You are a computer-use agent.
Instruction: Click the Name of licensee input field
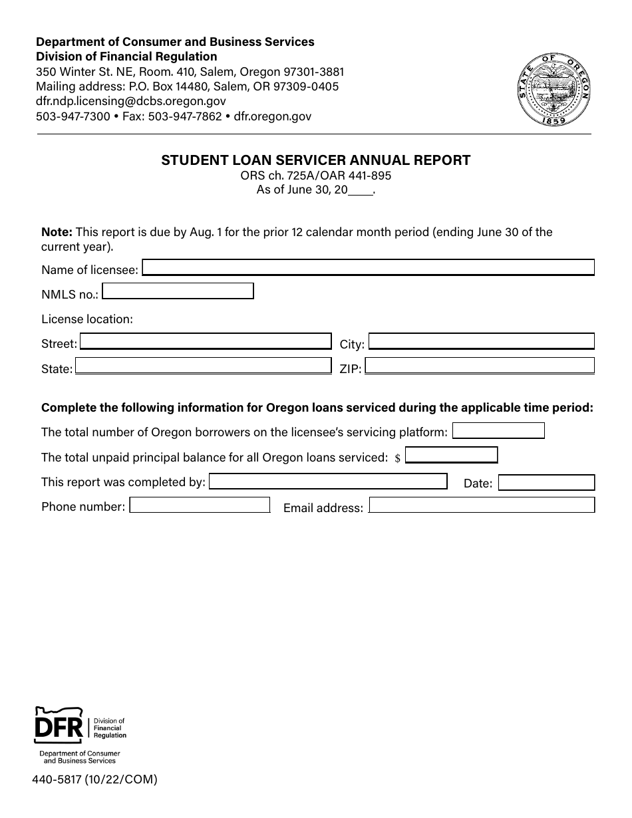click(368, 267)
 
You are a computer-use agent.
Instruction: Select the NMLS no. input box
click(178, 291)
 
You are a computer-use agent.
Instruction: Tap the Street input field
click(206, 342)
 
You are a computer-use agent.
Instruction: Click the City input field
click(481, 342)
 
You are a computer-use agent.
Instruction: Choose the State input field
click(203, 366)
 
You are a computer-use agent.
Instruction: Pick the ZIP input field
click(480, 366)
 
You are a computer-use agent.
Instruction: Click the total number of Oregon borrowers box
click(498, 431)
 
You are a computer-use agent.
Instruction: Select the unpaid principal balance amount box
click(452, 456)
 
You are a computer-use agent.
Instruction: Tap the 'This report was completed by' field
click(328, 481)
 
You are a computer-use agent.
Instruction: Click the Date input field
click(546, 483)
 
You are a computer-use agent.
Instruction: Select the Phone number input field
click(200, 505)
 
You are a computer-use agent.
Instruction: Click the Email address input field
click(482, 506)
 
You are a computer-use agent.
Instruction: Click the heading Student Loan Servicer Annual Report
click(315, 160)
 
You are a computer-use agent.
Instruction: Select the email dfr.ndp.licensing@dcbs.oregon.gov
click(130, 101)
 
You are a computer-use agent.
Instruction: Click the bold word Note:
click(57, 232)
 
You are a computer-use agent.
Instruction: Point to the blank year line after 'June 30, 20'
click(361, 191)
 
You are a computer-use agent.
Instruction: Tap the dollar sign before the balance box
click(397, 458)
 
